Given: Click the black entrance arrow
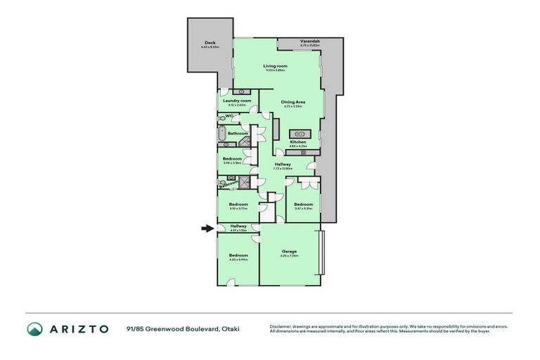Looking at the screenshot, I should click(x=206, y=228).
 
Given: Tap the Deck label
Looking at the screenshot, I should click(x=210, y=43).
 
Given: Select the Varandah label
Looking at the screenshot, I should click(x=310, y=42).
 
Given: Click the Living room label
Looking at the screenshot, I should click(x=275, y=66).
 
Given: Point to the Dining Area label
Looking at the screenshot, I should click(x=292, y=102).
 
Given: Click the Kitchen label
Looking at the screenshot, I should click(x=299, y=142).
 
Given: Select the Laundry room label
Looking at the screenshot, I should click(x=237, y=101).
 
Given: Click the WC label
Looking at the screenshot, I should click(x=229, y=116).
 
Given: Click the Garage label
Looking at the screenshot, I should click(x=289, y=251).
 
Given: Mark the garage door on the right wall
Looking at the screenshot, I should click(x=322, y=254).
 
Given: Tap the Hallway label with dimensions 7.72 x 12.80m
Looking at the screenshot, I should click(x=283, y=164).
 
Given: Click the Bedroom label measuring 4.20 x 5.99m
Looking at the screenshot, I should click(x=238, y=255).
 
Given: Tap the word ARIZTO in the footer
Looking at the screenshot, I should click(x=78, y=329).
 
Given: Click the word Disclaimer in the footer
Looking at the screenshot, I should click(x=281, y=326).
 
